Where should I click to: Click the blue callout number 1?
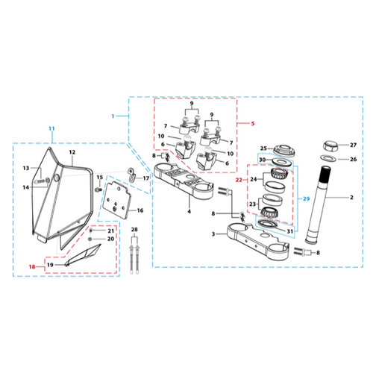tap(113, 116)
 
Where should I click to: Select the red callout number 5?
tap(253, 124)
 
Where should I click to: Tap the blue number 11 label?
tap(51, 128)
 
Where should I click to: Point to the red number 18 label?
tap(32, 267)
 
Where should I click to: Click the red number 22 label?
tap(239, 180)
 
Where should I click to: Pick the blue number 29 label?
tap(307, 199)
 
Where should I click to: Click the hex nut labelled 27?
tap(330, 145)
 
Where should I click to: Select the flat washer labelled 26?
tap(327, 158)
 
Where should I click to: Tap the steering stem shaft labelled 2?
tap(319, 205)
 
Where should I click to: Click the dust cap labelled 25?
tap(284, 150)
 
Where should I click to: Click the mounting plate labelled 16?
tap(117, 200)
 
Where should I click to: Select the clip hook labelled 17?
tap(132, 175)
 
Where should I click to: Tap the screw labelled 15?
tap(98, 189)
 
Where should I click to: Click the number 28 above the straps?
tap(134, 230)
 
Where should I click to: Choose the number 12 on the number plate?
tap(72, 152)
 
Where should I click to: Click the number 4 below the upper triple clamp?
tap(189, 212)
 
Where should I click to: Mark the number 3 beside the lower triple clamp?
tap(213, 234)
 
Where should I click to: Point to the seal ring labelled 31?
tap(268, 224)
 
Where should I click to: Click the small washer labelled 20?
tap(90, 239)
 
